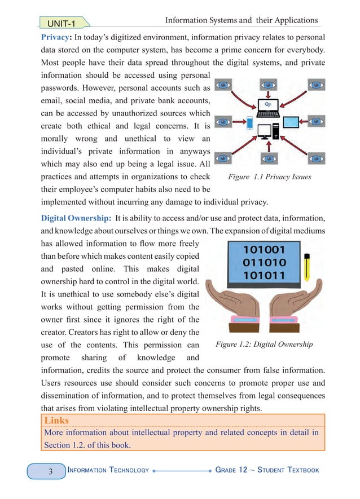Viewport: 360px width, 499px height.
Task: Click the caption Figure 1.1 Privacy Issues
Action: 269,176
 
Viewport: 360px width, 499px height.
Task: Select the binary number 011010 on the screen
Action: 264,263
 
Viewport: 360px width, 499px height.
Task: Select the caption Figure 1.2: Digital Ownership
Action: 264,344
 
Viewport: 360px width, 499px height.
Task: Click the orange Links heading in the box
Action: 56,421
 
